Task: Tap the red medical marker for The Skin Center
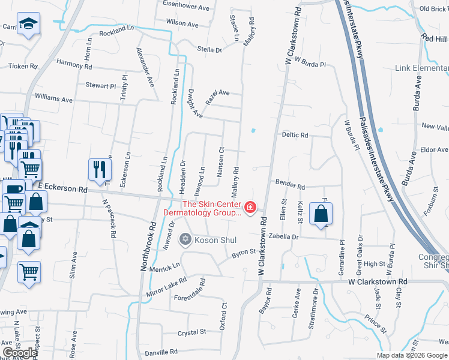[x=250, y=209]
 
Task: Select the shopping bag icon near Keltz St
[x=321, y=213]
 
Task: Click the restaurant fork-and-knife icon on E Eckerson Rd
[x=100, y=169]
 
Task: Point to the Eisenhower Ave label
[x=186, y=8]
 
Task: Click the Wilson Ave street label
[x=182, y=24]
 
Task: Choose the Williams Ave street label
[x=53, y=98]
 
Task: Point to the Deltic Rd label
[x=295, y=135]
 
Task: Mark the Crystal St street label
[x=191, y=331]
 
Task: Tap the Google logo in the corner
[x=20, y=353]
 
